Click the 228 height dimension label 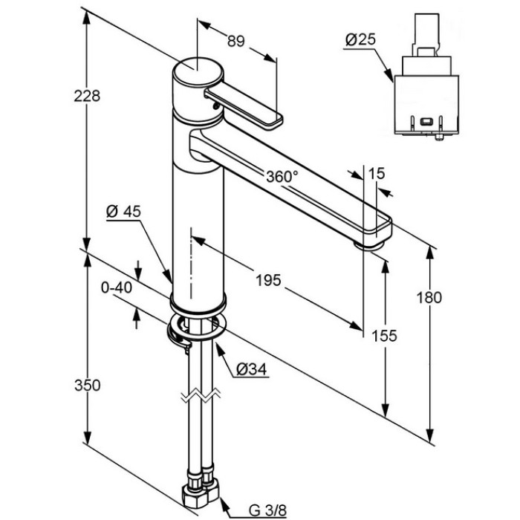(87, 96)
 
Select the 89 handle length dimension (235, 41)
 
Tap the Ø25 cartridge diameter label (360, 39)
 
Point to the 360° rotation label (282, 177)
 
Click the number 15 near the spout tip (377, 173)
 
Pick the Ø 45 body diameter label (124, 211)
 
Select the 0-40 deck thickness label (117, 287)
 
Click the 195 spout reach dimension (268, 281)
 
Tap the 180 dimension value (429, 297)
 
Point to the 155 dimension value (384, 336)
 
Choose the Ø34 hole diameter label (251, 369)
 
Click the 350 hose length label (88, 386)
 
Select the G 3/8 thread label (268, 511)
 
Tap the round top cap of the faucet (198, 71)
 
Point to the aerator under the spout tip (368, 245)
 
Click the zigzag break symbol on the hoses (201, 394)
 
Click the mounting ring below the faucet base (197, 328)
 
